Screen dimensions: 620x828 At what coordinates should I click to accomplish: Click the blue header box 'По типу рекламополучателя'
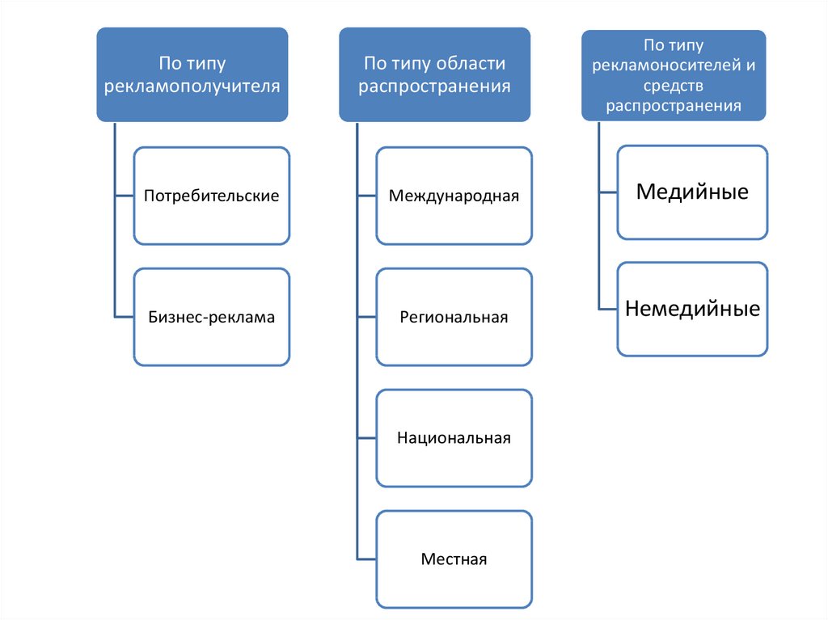192,74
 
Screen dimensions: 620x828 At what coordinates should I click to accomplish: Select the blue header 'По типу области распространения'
434,74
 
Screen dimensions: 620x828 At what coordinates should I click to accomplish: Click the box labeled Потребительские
211,196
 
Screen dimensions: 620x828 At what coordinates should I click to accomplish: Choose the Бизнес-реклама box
211,317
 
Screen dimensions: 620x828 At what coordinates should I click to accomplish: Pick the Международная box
454,196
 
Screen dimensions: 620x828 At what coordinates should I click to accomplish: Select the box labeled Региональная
454,317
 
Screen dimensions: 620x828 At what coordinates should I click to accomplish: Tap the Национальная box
454,438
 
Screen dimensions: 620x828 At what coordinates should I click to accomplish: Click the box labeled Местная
454,559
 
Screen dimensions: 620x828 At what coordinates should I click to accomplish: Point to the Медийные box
692,192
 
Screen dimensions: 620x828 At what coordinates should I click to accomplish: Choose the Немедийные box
692,309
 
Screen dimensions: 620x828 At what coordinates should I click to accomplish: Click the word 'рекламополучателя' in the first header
192,86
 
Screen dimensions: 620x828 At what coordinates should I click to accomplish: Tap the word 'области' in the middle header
471,64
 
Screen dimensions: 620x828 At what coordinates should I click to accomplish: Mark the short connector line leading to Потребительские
124,196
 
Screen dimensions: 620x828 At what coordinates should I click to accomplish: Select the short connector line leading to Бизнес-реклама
124,317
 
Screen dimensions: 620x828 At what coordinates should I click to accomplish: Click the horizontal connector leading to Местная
366,559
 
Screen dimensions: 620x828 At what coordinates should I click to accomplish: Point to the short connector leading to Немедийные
608,309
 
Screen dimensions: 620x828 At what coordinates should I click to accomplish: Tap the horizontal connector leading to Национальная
366,438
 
